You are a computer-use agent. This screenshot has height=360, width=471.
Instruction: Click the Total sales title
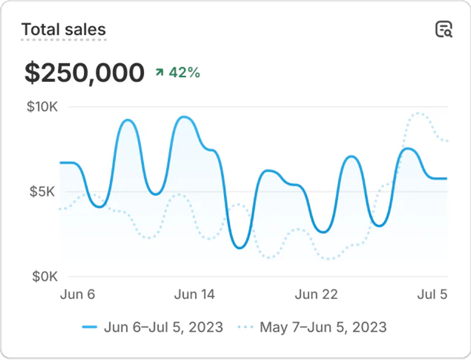click(64, 30)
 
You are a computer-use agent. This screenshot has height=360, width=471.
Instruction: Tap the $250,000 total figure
click(84, 73)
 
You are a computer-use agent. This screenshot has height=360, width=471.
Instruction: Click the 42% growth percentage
click(184, 73)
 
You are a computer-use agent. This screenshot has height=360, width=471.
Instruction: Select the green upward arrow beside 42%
click(160, 73)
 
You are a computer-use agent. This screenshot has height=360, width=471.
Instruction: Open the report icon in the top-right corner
click(444, 29)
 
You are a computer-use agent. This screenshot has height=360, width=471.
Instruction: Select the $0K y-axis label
click(44, 276)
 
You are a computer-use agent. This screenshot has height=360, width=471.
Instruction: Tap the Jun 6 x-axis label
click(77, 294)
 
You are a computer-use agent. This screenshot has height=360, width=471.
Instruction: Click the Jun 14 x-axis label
click(194, 294)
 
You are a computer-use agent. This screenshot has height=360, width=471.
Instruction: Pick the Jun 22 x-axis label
click(316, 294)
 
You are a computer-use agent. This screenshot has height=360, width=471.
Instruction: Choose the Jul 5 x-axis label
click(432, 294)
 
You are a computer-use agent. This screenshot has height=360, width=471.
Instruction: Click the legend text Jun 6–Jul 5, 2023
click(163, 328)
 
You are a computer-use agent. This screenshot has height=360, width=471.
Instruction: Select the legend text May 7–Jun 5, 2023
click(323, 328)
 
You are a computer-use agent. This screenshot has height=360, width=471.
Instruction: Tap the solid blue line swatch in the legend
click(90, 328)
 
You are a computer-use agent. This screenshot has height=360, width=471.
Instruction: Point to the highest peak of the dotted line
click(419, 113)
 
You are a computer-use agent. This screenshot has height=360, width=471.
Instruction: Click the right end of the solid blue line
click(447, 178)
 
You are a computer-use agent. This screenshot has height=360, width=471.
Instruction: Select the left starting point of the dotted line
click(60, 209)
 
